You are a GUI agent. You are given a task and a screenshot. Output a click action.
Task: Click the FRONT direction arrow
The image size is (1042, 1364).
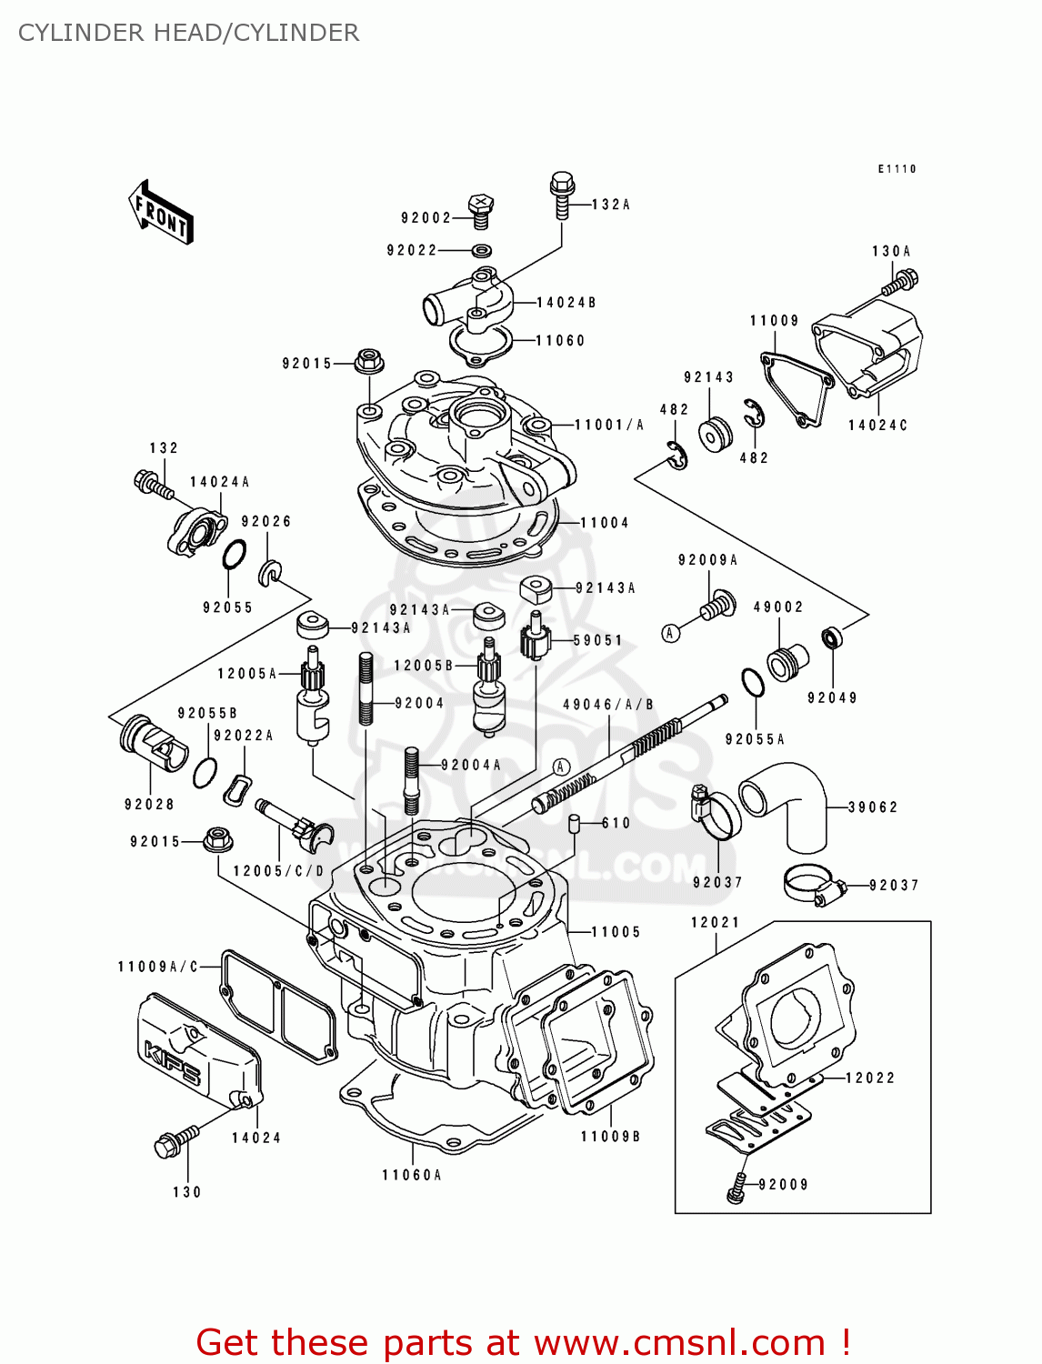[x=161, y=212]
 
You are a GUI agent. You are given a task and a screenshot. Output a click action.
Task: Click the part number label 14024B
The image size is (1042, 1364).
[x=566, y=303]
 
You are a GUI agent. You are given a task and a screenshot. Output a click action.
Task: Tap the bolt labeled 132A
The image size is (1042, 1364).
[x=562, y=196]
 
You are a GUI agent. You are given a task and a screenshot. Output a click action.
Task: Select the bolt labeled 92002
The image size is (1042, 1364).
[x=481, y=211]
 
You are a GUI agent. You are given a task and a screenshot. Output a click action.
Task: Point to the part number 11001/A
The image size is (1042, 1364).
[x=608, y=425]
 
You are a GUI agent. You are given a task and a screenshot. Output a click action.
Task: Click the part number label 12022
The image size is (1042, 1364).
[x=869, y=1078]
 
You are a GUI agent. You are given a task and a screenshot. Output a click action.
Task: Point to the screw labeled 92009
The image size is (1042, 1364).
[x=736, y=1188]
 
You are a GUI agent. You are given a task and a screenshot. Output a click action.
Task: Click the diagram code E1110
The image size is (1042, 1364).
[x=897, y=169]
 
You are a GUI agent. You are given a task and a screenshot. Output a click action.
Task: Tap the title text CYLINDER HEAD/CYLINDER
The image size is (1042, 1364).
[x=188, y=33]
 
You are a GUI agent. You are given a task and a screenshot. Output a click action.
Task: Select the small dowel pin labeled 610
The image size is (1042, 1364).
[x=575, y=824]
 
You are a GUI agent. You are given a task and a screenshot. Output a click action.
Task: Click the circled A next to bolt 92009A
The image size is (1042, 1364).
[x=671, y=633]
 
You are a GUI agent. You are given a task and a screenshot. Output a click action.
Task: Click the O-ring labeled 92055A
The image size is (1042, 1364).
[x=753, y=683]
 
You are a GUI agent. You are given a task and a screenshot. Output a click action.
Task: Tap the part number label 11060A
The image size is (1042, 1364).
[x=411, y=1175]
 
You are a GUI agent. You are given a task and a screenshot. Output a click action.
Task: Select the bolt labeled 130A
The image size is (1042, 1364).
[x=900, y=282]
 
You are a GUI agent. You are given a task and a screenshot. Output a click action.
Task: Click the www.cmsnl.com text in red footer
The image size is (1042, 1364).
[x=678, y=1342]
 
